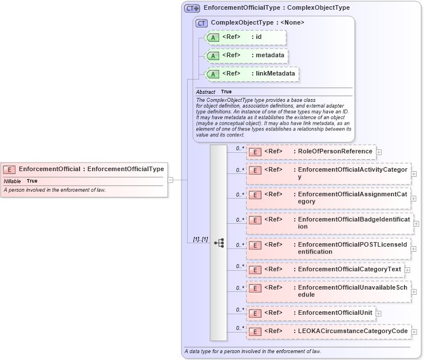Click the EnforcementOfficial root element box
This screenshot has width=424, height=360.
point(84,169)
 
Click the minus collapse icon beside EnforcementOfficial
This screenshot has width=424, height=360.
point(170,180)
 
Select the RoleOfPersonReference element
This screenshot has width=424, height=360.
point(311,152)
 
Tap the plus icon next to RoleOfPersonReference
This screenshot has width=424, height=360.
point(379,152)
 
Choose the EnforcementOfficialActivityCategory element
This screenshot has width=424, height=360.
point(328,173)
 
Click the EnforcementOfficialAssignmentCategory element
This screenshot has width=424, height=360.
point(328,198)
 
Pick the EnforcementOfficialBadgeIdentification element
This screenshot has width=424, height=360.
point(330,223)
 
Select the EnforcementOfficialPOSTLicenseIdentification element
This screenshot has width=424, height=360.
point(328,248)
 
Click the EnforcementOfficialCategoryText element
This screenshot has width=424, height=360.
point(325,269)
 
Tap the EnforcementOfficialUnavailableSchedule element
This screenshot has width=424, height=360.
point(328,291)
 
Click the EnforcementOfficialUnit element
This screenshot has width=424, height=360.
point(311,313)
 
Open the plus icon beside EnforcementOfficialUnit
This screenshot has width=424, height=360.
point(379,314)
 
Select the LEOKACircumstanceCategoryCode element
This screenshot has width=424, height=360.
point(328,331)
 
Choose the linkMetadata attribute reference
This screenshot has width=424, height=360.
point(251,74)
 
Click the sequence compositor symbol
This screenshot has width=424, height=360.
point(219,243)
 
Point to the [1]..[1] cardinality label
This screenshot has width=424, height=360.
point(197,239)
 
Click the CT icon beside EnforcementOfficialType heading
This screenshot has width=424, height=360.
point(192,8)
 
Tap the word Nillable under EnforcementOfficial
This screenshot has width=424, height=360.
point(12,181)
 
